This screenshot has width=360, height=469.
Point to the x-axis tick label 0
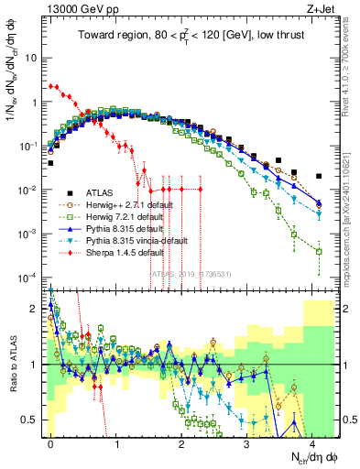[x=51, y=441]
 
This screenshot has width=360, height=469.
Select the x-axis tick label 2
[x=181, y=441]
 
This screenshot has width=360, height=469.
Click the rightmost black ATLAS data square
[x=318, y=176]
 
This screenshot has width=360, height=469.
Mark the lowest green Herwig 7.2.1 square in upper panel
[x=318, y=251]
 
